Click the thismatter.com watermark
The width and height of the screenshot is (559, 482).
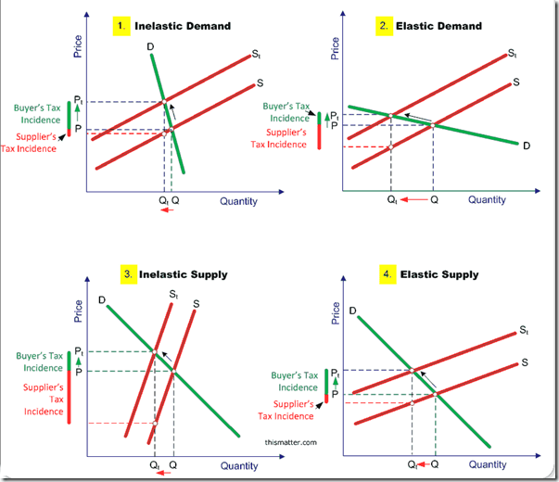[x=290, y=443]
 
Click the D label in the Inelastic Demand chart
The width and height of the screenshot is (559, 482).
[x=149, y=47]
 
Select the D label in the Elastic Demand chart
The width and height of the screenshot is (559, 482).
[x=526, y=146]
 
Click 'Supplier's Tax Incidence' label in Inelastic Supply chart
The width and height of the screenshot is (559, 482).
[x=44, y=399]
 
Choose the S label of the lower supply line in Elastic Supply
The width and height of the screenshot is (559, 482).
[x=525, y=362]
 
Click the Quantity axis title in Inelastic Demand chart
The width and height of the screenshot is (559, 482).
[x=239, y=200]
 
